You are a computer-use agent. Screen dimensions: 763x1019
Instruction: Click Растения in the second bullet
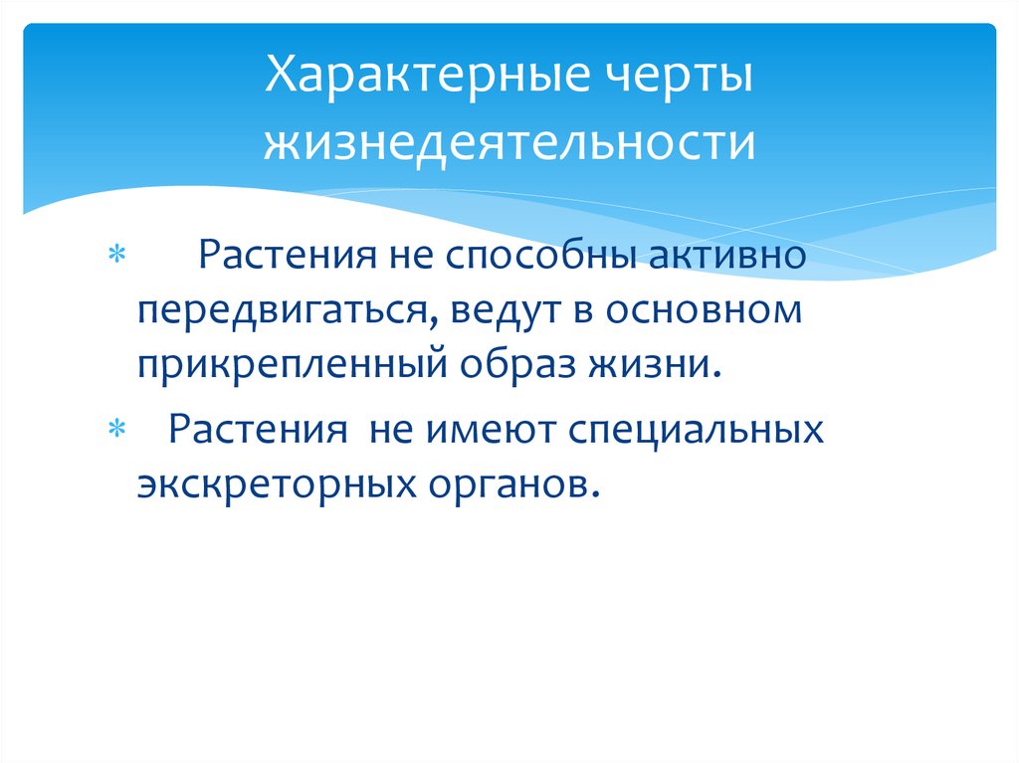coord(253,432)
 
